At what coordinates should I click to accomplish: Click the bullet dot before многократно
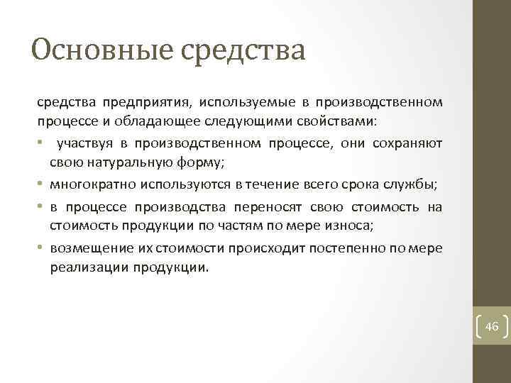(x=41, y=186)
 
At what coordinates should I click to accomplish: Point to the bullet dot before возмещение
(x=41, y=248)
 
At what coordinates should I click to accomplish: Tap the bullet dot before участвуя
(x=41, y=145)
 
